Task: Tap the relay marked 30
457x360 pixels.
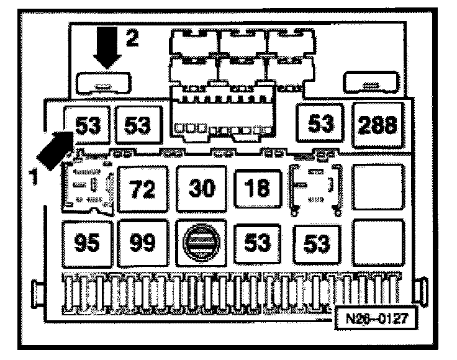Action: tap(201, 188)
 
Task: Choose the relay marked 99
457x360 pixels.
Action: tap(143, 241)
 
